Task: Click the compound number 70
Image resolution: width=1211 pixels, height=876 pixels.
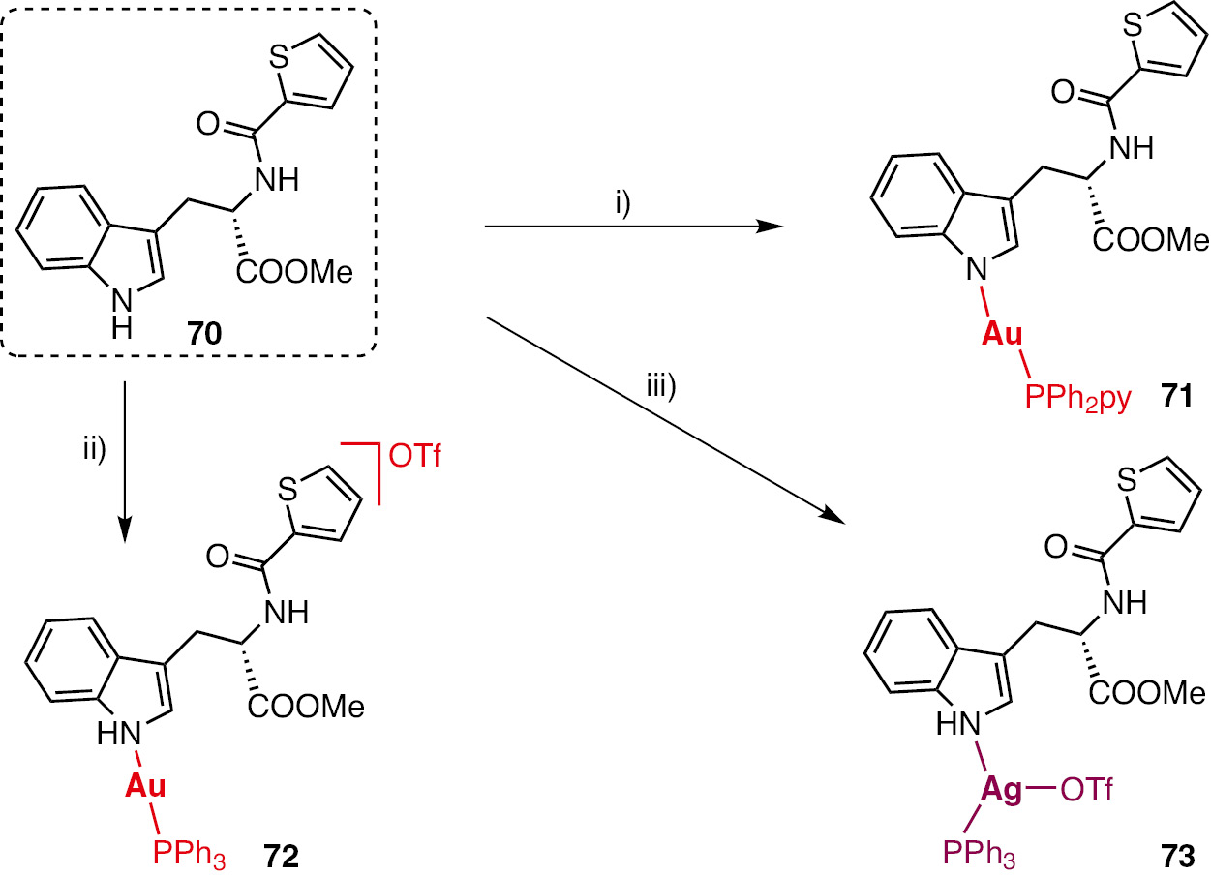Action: point(204,333)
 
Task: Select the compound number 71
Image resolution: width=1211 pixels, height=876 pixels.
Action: point(1176,397)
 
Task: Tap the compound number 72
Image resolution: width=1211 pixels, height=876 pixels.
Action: point(281,857)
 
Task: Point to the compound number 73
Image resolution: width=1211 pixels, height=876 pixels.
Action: point(1177,857)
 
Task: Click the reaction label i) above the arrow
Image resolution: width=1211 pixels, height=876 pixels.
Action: point(622,204)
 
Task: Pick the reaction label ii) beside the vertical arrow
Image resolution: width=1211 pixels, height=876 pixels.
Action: point(94,449)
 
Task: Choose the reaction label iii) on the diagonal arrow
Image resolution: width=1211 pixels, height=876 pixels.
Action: point(660,387)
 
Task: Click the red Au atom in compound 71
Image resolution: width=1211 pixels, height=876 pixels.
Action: point(1002,334)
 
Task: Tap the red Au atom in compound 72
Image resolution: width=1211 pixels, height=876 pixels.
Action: point(145,786)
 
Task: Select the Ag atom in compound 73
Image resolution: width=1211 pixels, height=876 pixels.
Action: point(1002,791)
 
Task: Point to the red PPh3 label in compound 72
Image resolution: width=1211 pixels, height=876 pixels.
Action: point(189,857)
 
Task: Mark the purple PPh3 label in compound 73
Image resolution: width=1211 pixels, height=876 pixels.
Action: point(979,855)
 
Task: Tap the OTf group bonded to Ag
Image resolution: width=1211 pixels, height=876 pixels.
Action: point(1086,791)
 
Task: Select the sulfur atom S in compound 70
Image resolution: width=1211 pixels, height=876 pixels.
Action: point(279,56)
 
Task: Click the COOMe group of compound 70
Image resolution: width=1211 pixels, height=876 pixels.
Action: point(294,271)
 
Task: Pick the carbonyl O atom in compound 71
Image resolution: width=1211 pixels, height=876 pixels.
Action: point(1062,93)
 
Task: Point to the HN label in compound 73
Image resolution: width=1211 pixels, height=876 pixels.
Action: point(958,723)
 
